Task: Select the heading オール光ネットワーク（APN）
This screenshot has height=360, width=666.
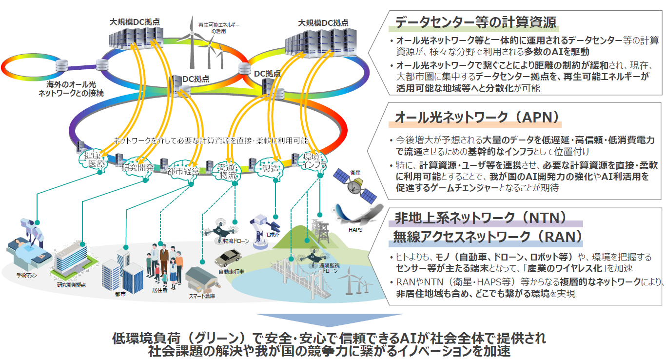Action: point(477,118)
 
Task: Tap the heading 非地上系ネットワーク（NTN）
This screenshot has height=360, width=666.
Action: point(480,217)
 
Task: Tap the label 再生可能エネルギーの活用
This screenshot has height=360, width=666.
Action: point(212,27)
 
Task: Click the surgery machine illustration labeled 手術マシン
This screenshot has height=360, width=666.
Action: point(29,246)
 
